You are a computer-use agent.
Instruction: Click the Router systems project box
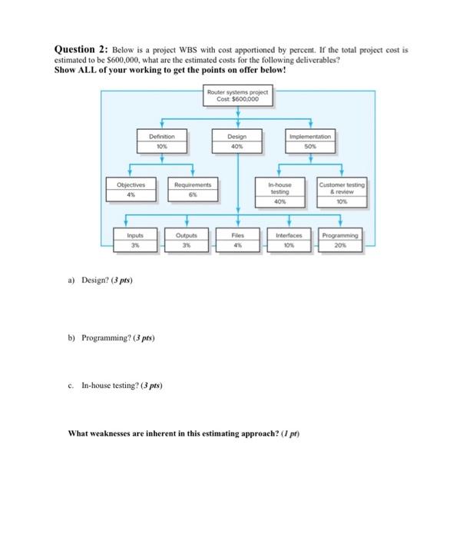click(238, 97)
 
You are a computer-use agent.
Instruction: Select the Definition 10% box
click(161, 140)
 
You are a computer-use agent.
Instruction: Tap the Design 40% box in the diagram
click(238, 140)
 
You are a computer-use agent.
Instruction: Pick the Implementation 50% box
click(310, 140)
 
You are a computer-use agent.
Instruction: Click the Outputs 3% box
click(187, 240)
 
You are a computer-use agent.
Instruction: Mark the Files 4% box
click(238, 240)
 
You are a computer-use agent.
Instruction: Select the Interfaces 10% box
click(289, 240)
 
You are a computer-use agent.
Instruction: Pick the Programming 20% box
click(341, 240)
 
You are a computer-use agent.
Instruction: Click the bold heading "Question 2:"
click(81, 48)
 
